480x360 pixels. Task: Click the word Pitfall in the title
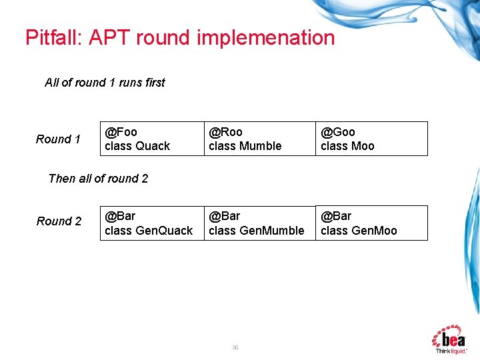tap(51, 37)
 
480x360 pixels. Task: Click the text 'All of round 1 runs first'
tap(105, 83)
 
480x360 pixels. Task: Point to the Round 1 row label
tap(58, 139)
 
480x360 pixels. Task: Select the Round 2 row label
tap(59, 221)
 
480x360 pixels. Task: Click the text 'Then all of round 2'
tap(98, 179)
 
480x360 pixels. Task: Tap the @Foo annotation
tap(121, 132)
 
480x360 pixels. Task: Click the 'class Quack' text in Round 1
tap(137, 146)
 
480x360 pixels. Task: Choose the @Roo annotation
tap(225, 132)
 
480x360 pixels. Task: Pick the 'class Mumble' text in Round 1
tap(245, 146)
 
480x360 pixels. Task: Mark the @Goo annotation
tap(337, 132)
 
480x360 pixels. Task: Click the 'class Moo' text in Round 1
tap(347, 146)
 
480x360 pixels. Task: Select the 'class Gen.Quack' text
tap(148, 231)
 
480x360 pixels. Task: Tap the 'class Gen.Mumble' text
tap(256, 231)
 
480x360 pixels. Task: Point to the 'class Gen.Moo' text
tap(358, 231)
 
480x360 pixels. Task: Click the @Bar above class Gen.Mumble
tap(224, 216)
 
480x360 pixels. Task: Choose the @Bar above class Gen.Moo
tap(336, 216)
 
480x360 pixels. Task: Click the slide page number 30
tap(235, 347)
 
